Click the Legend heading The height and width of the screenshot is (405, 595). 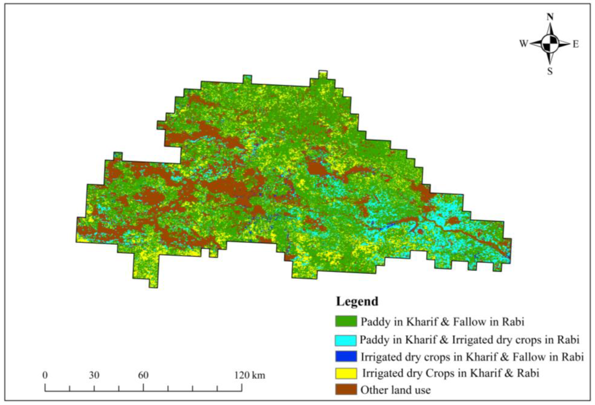[x=357, y=302]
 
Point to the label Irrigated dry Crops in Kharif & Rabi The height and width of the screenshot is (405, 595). [x=451, y=373]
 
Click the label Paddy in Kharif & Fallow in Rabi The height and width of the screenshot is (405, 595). [x=442, y=322]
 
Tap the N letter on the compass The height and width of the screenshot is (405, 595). [x=550, y=17]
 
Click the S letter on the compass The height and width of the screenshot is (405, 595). [x=550, y=72]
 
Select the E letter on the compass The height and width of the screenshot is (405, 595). [x=576, y=44]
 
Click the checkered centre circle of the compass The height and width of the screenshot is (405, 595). [x=550, y=44]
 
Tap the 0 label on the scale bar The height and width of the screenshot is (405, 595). [x=45, y=375]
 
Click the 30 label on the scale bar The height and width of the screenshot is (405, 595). [x=94, y=375]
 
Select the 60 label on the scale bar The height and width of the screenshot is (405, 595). [x=143, y=375]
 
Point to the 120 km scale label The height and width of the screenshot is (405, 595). [x=250, y=375]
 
